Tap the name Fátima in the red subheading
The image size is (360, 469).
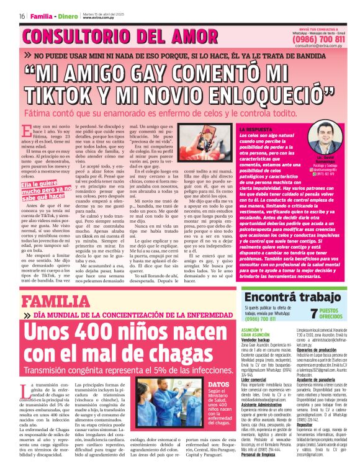(40, 114)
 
